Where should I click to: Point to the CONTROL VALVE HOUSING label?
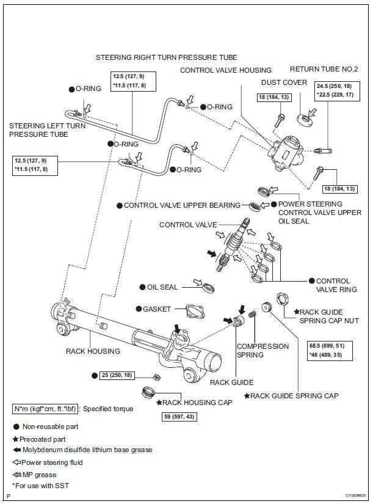226,70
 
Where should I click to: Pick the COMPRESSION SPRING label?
263,351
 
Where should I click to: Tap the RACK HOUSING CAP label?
189,403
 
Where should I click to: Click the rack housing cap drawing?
148,393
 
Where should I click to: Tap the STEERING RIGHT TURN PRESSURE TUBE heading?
167,57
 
